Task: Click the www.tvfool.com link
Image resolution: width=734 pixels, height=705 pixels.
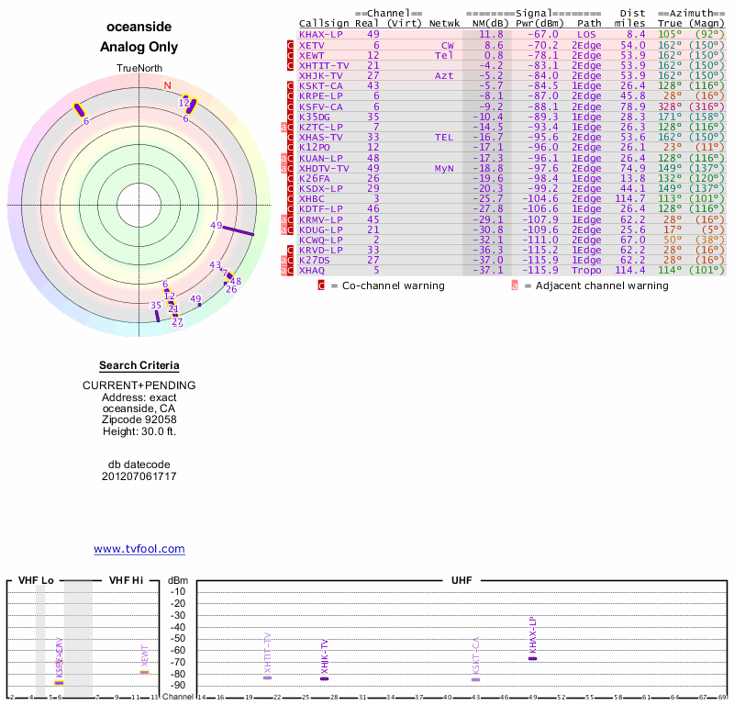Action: click(139, 549)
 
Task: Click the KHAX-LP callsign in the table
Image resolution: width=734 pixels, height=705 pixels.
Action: click(320, 34)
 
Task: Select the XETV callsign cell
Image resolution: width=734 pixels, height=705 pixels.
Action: click(312, 44)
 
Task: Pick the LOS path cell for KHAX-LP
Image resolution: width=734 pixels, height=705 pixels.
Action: click(586, 34)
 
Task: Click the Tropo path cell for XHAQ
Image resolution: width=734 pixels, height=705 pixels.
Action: click(586, 270)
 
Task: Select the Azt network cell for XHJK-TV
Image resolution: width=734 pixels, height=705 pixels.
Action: click(444, 75)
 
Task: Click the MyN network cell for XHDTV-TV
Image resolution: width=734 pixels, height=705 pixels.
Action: click(444, 168)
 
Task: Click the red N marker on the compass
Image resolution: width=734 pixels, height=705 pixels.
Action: click(167, 85)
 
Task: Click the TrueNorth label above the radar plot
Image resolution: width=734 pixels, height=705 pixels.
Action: click(139, 69)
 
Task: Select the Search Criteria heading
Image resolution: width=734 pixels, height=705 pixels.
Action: click(139, 365)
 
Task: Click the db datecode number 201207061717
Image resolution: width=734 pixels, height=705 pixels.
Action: click(139, 476)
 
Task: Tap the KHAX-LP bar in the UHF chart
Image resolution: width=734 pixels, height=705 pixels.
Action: click(532, 658)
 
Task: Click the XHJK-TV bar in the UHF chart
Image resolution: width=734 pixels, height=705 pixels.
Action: click(324, 677)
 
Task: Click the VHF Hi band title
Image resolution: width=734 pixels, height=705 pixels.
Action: click(126, 580)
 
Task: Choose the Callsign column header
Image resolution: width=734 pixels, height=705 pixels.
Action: click(324, 23)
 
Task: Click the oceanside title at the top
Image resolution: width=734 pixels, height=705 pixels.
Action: click(139, 27)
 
